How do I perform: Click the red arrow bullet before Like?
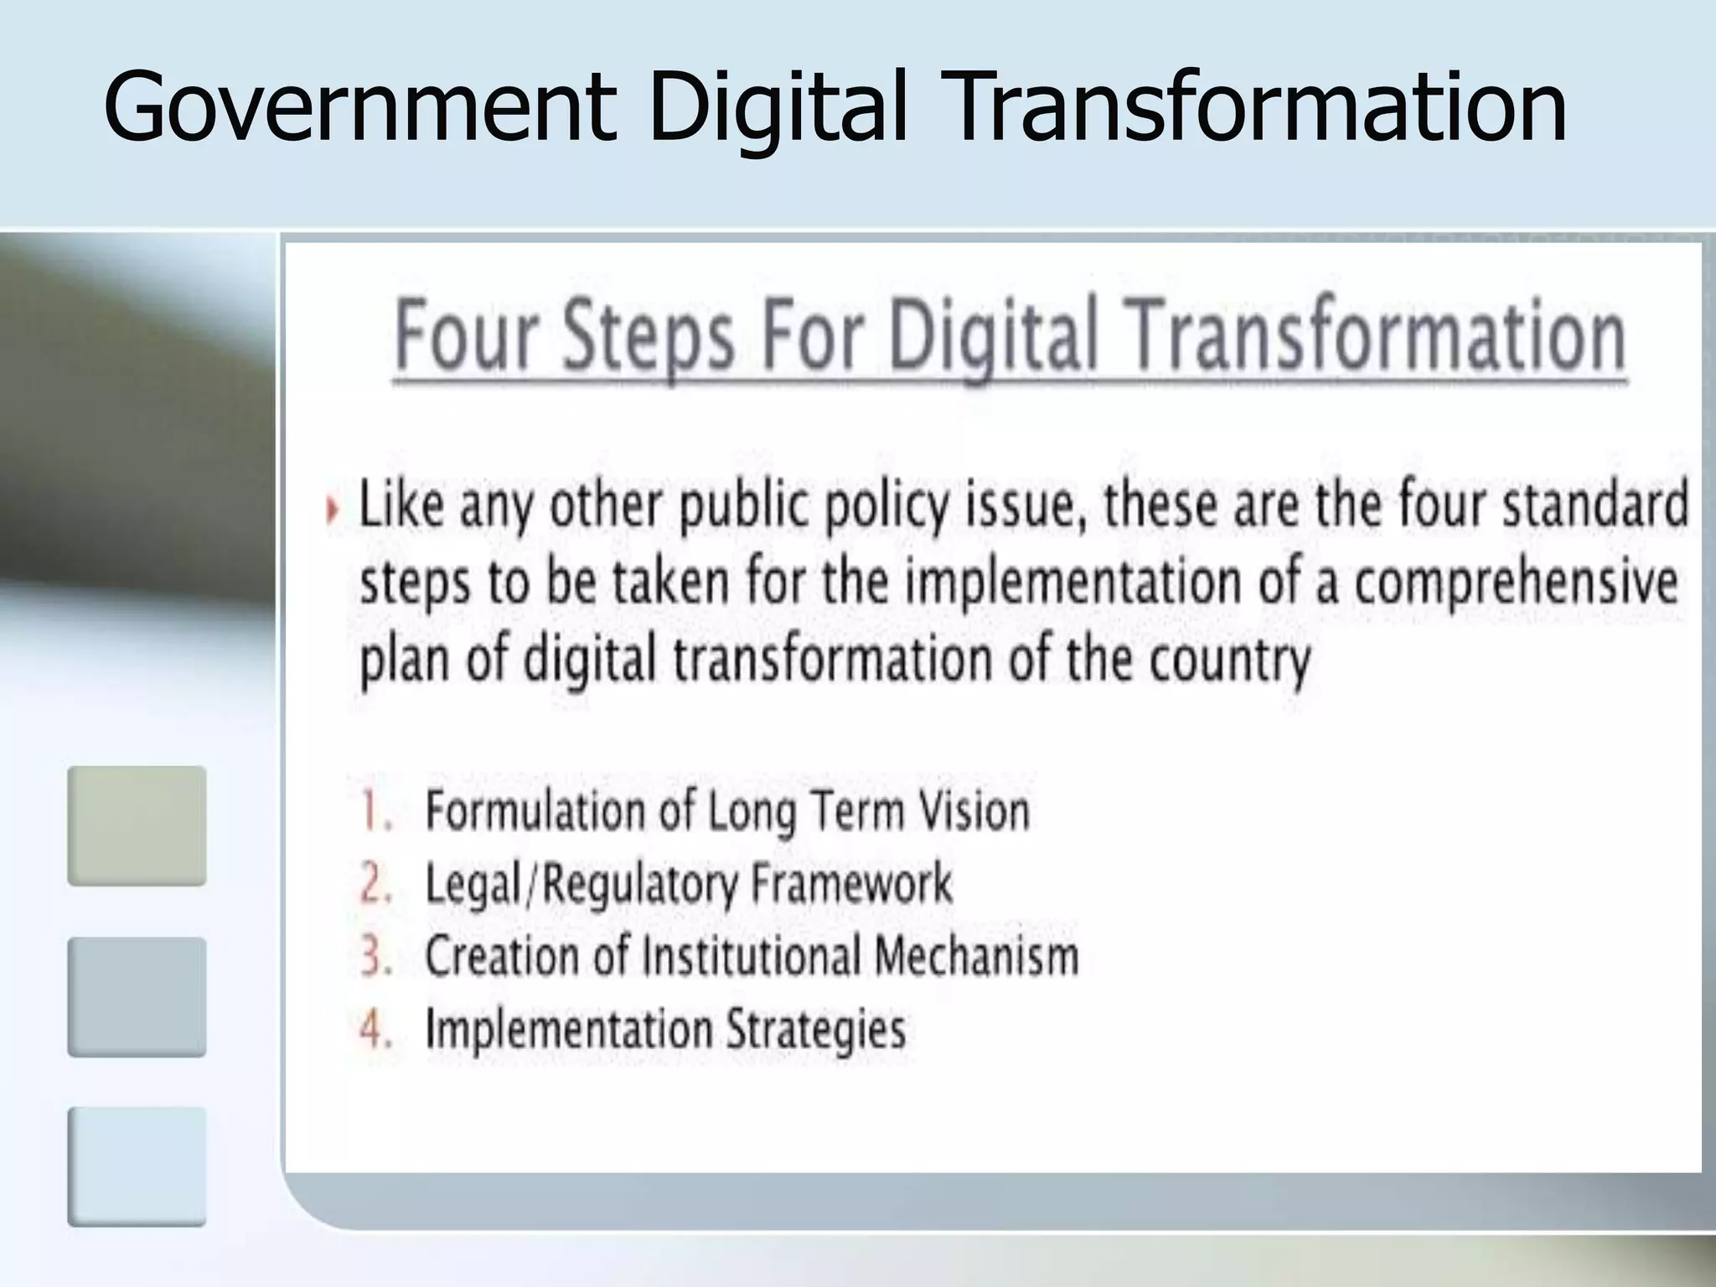click(333, 509)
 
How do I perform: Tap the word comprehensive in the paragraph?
click(1517, 581)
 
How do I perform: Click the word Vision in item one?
click(974, 811)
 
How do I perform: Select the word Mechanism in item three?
click(975, 956)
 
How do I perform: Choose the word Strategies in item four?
click(815, 1030)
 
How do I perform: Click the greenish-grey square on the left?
click(137, 826)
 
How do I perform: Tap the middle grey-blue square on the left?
click(137, 997)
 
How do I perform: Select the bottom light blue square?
click(137, 1167)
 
